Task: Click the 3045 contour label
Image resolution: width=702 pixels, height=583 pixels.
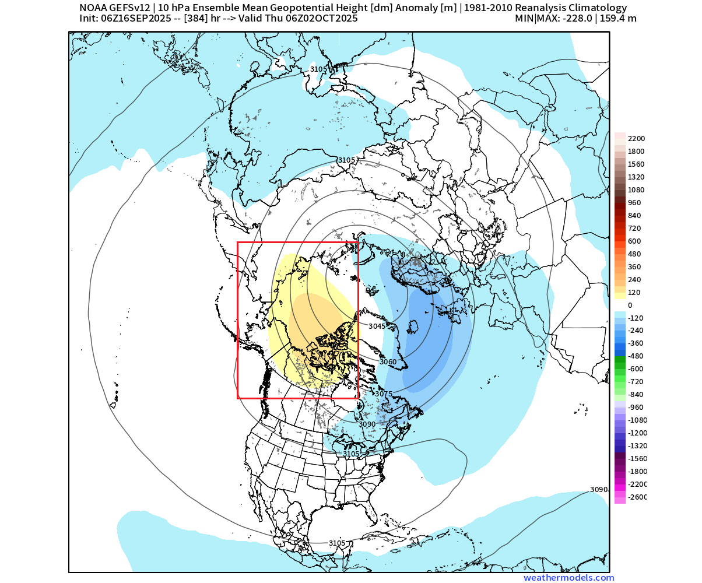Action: (377, 326)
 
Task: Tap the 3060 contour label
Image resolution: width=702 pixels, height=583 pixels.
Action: (388, 362)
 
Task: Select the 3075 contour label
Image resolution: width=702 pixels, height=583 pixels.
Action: (384, 394)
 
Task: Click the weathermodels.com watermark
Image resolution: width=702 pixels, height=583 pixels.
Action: (568, 578)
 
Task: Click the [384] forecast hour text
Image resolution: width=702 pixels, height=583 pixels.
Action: (194, 18)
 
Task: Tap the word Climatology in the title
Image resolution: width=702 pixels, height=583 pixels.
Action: (598, 8)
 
